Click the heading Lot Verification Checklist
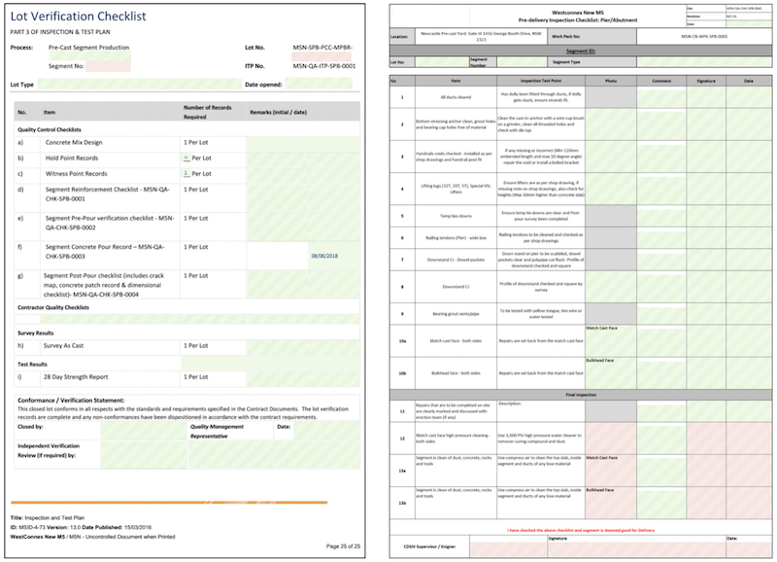(x=80, y=18)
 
